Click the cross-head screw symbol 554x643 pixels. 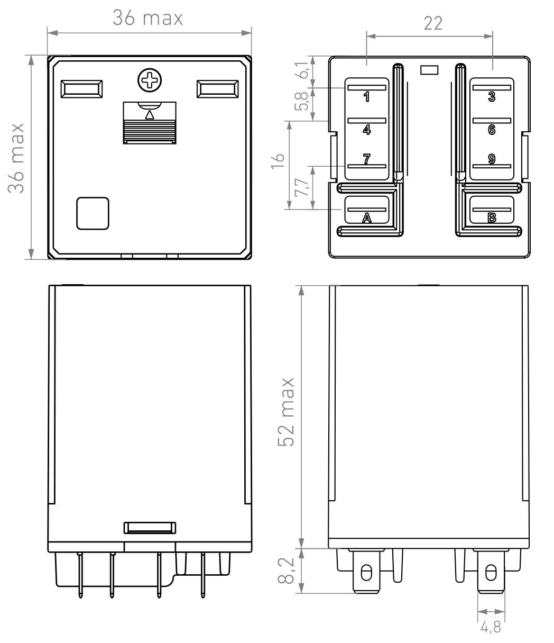(x=150, y=80)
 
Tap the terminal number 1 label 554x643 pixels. (x=367, y=97)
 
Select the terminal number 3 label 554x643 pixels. (x=492, y=97)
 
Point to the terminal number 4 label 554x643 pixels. (x=367, y=130)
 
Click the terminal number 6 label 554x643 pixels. (x=492, y=130)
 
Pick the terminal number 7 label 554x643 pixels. (x=367, y=159)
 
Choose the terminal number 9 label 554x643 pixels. (x=492, y=159)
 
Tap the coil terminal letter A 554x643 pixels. (x=367, y=218)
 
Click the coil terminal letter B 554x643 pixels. (x=492, y=218)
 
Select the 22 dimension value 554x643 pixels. (x=433, y=23)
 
